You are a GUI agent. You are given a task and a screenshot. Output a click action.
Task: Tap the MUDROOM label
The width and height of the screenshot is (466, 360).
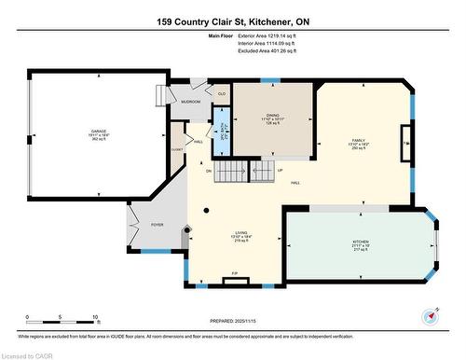click(190, 101)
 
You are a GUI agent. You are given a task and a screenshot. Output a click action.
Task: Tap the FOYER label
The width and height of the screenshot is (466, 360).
click(157, 224)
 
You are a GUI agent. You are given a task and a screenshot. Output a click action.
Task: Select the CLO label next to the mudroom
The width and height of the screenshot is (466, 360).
click(221, 93)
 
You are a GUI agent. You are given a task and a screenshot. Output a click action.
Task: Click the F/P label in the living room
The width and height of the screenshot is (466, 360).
click(234, 273)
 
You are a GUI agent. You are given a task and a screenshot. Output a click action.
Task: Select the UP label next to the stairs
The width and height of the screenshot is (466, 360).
click(280, 171)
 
